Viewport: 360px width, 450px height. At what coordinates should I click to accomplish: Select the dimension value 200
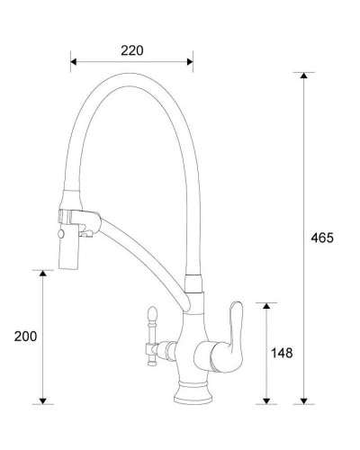[25, 336]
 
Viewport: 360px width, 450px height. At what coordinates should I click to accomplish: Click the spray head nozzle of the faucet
[69, 256]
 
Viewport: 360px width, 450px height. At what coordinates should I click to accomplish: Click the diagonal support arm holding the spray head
[135, 248]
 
